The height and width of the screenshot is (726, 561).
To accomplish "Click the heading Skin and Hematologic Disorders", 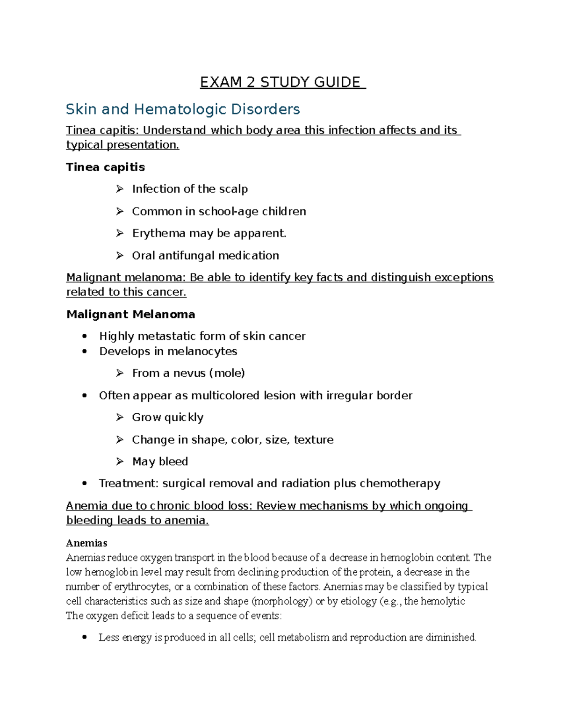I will pos(183,109).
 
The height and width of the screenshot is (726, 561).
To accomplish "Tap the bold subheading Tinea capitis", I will pos(106,167).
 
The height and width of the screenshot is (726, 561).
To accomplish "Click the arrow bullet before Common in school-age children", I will pos(120,211).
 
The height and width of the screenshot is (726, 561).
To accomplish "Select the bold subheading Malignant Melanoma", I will pos(131,314).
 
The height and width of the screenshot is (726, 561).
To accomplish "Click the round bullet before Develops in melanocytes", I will pos(85,352).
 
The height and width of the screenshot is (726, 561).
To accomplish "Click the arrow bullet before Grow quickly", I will pos(120,417).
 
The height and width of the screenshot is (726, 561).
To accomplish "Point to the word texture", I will pos(314,440).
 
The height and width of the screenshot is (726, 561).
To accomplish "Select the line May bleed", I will pos(160,462).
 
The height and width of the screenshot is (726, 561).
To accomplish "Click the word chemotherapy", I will pos(400,483).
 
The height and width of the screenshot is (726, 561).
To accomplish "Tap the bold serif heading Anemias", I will pos(87,543).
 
